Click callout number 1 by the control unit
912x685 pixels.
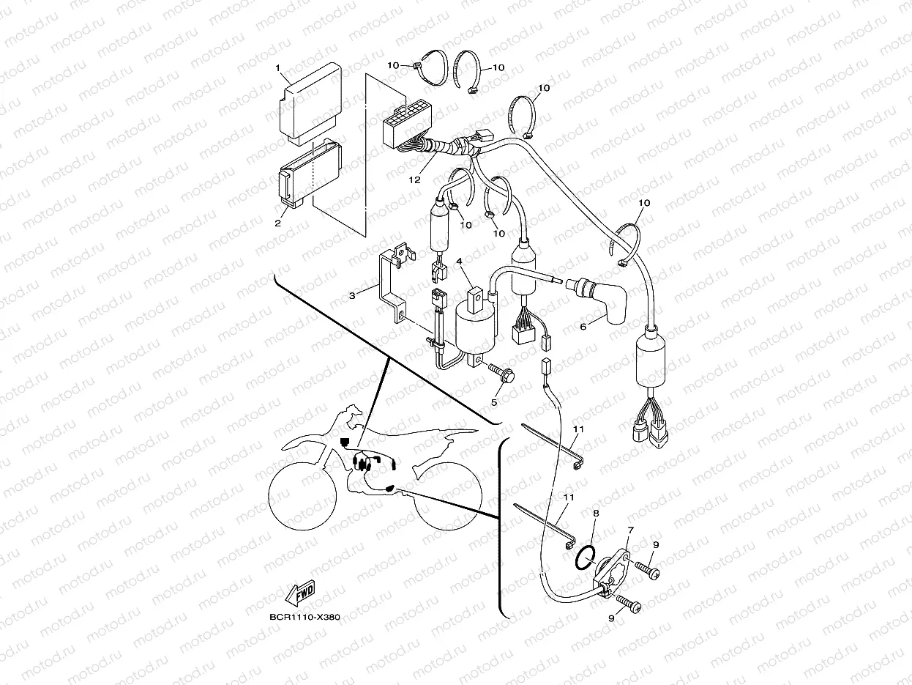pyautogui.click(x=278, y=68)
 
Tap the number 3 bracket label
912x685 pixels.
pyautogui.click(x=352, y=295)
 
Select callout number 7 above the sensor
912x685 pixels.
pyautogui.click(x=630, y=529)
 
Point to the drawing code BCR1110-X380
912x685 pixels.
pyautogui.click(x=304, y=618)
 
